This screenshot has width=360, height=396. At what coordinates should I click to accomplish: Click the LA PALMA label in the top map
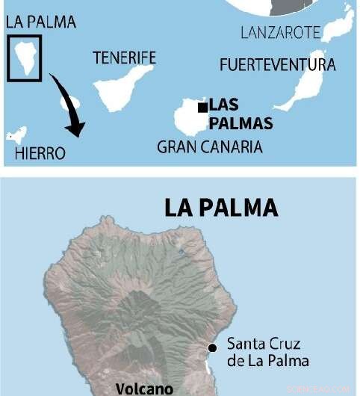coord(40,22)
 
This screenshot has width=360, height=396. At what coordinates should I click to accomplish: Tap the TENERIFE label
coord(124,58)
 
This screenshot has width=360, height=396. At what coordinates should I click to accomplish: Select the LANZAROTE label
coord(281,32)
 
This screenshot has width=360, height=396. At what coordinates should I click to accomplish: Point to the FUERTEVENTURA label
coord(277,65)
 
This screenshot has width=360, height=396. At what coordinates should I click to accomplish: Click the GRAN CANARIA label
coord(209,146)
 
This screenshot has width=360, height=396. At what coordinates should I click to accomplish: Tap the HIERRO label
coord(40,154)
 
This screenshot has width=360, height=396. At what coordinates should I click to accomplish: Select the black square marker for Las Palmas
coord(202,108)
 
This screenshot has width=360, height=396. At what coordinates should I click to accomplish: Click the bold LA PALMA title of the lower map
coord(220,207)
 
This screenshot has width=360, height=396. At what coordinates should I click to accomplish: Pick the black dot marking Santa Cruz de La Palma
coord(213,347)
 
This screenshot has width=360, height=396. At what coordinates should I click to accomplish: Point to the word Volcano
coord(144,389)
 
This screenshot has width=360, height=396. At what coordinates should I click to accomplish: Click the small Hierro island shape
coord(16,135)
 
